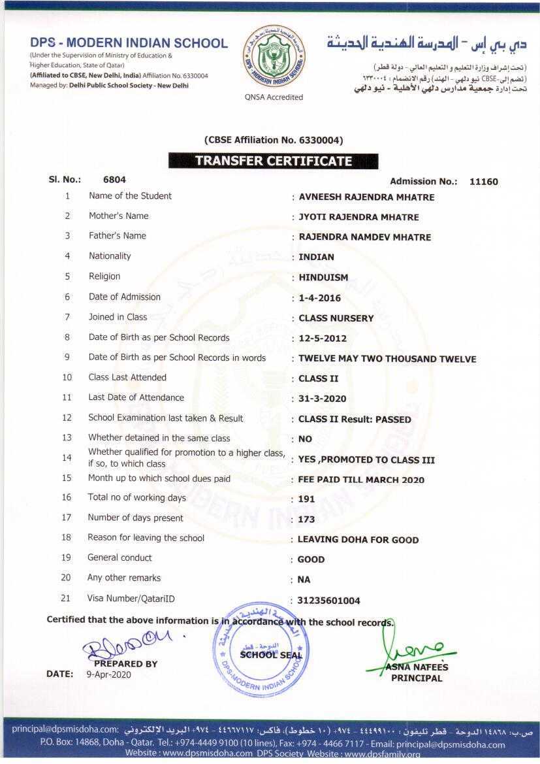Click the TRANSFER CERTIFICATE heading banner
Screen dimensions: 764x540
tap(273, 161)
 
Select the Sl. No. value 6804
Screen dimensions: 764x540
tap(114, 179)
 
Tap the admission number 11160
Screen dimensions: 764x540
tap(483, 182)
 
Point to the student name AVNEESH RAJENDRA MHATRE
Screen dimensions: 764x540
tap(366, 197)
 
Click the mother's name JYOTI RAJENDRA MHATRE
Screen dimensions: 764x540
tap(358, 217)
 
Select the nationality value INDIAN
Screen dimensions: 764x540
tap(316, 257)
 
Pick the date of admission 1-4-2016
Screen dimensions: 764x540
tap(319, 298)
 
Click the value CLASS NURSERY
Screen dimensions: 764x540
tap(336, 318)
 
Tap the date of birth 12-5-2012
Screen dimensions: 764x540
tap(322, 339)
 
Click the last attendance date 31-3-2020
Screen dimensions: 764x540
tap(322, 399)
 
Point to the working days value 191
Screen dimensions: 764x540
tap(306, 499)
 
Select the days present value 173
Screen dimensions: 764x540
tap(306, 520)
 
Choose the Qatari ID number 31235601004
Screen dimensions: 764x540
tap(328, 601)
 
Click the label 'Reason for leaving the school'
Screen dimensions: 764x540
tap(146, 538)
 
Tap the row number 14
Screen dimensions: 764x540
tap(67, 457)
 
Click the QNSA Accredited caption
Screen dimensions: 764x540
tap(274, 97)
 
